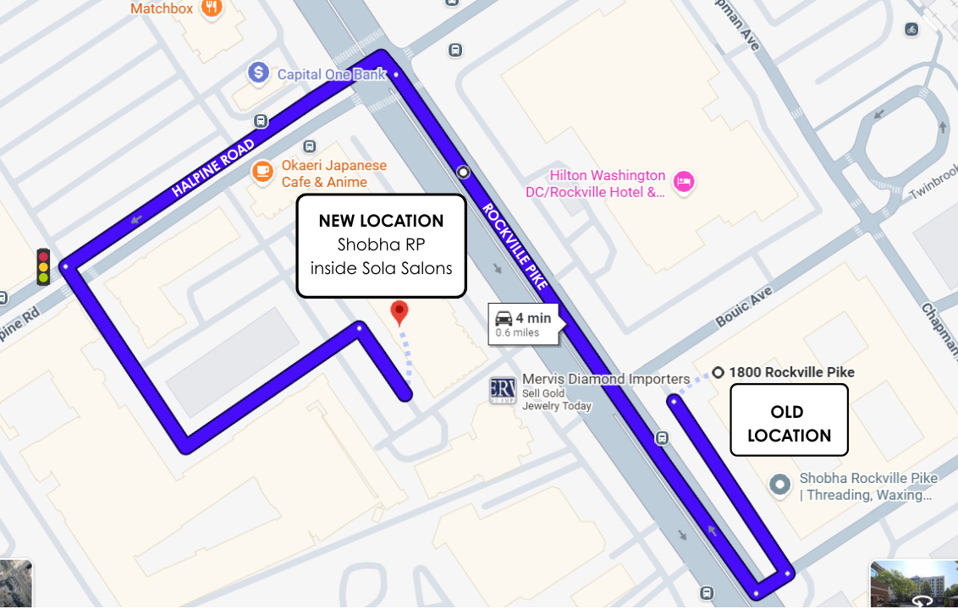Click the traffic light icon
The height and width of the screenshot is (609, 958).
pos(43,266)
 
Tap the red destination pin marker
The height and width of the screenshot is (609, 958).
pos(399,312)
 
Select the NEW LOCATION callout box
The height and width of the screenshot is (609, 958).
pos(381,245)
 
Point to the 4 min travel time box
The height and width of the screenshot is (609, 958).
pos(524,324)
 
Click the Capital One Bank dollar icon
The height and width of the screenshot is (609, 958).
pos(258,74)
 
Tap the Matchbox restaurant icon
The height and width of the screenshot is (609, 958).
pos(212,8)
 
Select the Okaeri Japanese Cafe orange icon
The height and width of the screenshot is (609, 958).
pos(264,173)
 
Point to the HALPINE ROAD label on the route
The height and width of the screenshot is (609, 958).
pos(213,169)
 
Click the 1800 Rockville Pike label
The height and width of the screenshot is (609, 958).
pos(791,372)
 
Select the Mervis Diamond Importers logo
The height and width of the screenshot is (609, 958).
pos(503,390)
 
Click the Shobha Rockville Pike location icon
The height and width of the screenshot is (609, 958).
pos(779,485)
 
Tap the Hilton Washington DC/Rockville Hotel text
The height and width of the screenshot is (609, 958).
pos(608,184)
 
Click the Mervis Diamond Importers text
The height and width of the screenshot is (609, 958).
pos(606,379)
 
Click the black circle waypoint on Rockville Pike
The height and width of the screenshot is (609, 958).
pos(463,173)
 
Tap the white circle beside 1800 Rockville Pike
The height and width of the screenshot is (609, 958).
pos(718,372)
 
